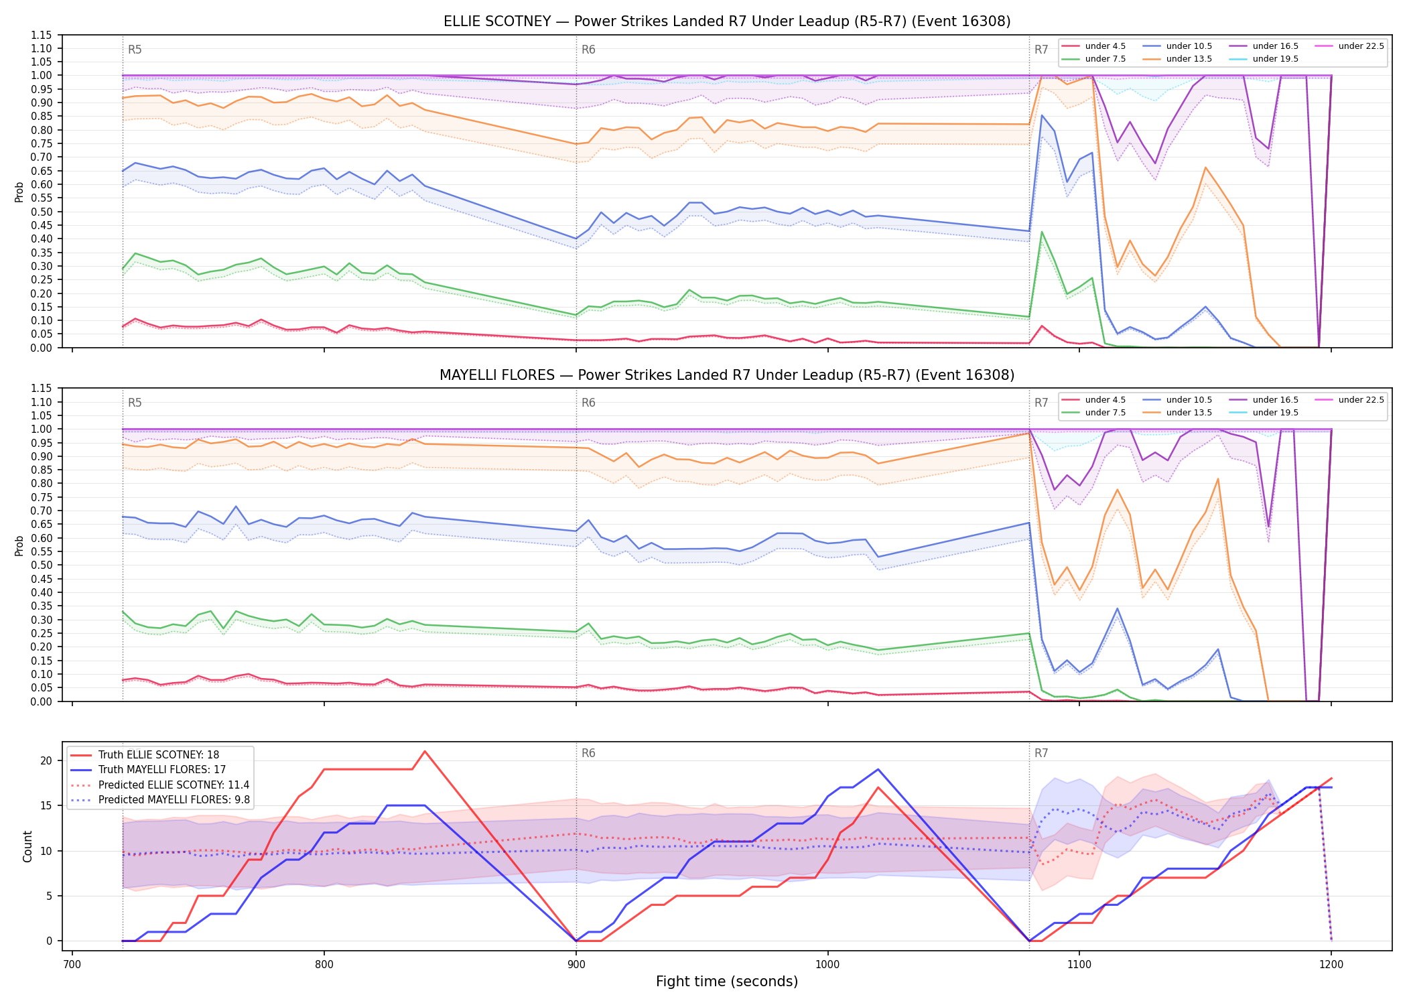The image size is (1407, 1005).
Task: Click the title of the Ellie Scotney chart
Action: pyautogui.click(x=727, y=21)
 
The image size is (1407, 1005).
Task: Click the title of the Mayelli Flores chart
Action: pyautogui.click(x=727, y=375)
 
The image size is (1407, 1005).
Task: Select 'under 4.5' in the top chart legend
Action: pyautogui.click(x=1105, y=46)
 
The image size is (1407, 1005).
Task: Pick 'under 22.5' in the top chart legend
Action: pyautogui.click(x=1361, y=46)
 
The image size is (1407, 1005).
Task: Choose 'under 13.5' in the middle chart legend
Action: pyautogui.click(x=1189, y=413)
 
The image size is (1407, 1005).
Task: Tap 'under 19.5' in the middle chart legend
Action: pyautogui.click(x=1275, y=413)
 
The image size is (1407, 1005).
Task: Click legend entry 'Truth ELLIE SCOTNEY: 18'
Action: pyautogui.click(x=159, y=755)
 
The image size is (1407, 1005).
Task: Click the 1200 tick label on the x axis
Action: pyautogui.click(x=1331, y=965)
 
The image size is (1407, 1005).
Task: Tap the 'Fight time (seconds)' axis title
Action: pyautogui.click(x=727, y=982)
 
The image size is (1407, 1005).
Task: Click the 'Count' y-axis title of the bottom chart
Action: pyautogui.click(x=27, y=846)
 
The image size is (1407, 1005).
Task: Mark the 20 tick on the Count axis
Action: pyautogui.click(x=46, y=760)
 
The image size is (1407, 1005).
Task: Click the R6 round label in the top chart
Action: pyautogui.click(x=588, y=50)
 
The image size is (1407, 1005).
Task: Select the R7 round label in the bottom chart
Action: pyautogui.click(x=1041, y=753)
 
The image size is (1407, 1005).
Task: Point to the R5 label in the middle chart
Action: pyautogui.click(x=135, y=403)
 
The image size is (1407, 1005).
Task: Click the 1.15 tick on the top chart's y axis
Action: pyautogui.click(x=42, y=35)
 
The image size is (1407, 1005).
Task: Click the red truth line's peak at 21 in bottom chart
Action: pyautogui.click(x=425, y=751)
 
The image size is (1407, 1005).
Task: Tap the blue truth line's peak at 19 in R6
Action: pyautogui.click(x=878, y=769)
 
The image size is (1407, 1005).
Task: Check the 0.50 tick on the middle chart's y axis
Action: pyautogui.click(x=42, y=565)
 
